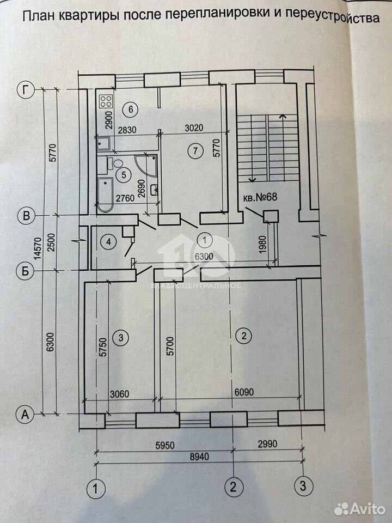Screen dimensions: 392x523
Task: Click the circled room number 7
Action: (195, 151)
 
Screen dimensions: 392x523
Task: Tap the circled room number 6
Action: (130, 109)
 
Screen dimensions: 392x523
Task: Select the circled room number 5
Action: (124, 174)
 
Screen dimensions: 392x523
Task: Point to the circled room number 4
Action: (108, 241)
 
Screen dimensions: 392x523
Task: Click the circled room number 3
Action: (121, 337)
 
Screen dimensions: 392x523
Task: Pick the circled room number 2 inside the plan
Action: (244, 336)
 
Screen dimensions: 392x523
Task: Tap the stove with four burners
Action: (106, 101)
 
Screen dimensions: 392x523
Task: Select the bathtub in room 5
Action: (105, 195)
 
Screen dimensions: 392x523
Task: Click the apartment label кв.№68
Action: (260, 197)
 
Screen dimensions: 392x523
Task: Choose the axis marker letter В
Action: (26, 216)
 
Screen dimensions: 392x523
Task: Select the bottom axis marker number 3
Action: (303, 485)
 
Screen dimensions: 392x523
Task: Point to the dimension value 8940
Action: (199, 456)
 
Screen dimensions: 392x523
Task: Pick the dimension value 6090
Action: (244, 392)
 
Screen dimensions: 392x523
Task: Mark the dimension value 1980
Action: (262, 245)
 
